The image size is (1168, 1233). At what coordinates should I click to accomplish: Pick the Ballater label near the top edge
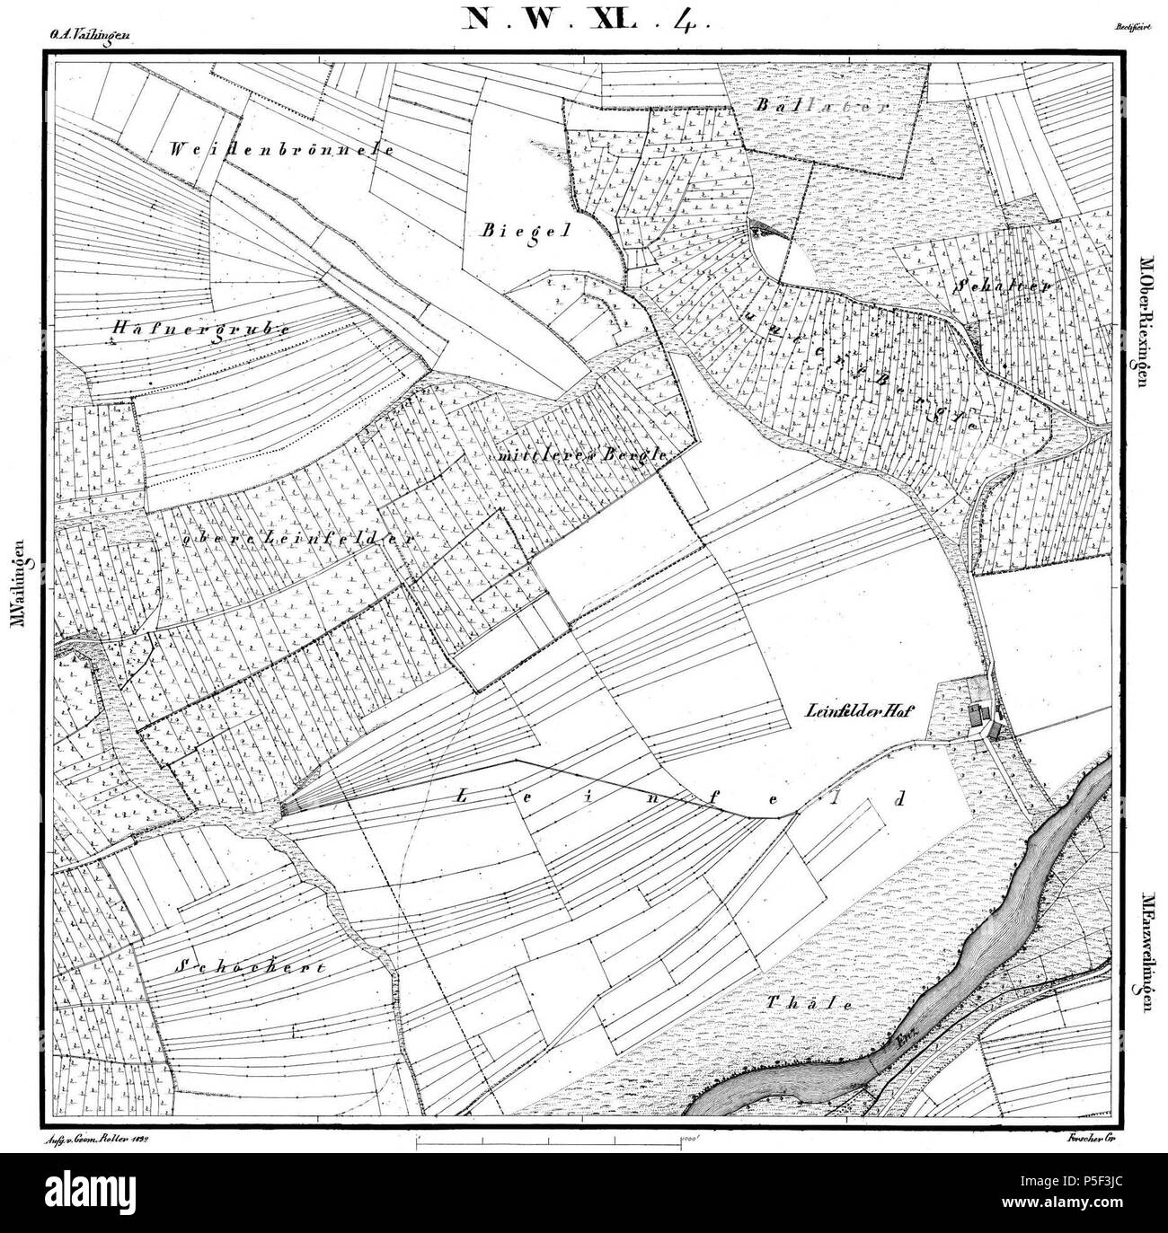click(822, 105)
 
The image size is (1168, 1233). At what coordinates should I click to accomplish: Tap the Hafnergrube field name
click(201, 329)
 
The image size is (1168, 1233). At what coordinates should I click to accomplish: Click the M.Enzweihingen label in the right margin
click(1147, 952)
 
